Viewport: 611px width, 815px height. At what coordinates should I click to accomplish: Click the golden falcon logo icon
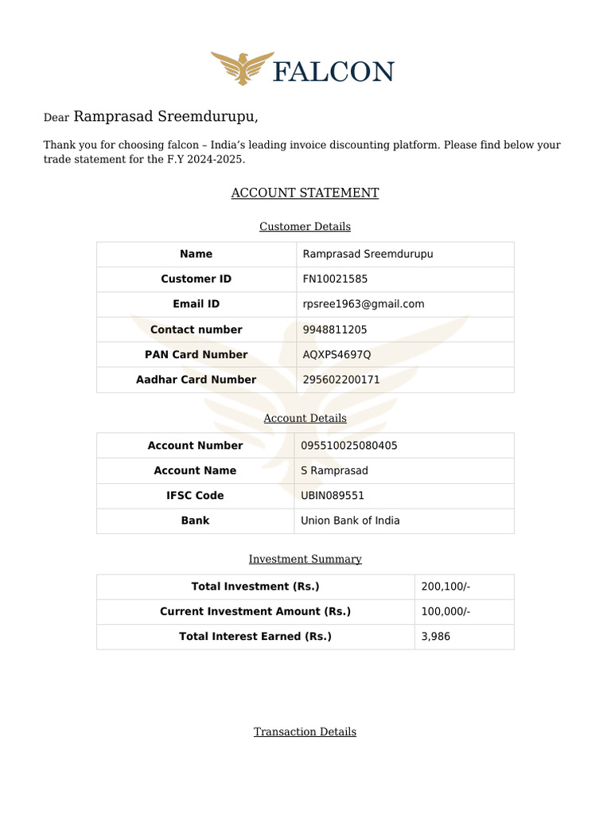[238, 68]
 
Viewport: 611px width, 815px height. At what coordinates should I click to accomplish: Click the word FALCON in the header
[333, 72]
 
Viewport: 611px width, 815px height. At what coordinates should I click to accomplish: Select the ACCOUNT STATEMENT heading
[305, 193]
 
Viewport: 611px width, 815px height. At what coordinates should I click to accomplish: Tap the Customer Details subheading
[305, 227]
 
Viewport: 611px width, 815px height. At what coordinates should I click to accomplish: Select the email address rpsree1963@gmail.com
[364, 304]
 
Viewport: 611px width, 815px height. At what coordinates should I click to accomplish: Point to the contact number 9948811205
[335, 330]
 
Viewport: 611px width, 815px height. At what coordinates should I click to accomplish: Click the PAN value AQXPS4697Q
[337, 354]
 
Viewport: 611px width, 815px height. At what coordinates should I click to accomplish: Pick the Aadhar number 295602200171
[341, 380]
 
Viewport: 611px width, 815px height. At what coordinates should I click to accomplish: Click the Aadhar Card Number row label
[196, 380]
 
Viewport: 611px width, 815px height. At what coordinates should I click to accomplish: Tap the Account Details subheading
[305, 418]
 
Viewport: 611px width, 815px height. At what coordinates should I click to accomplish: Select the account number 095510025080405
[348, 446]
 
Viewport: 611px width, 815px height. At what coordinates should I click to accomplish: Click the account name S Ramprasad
[334, 470]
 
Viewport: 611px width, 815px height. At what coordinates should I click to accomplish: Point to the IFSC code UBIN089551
[333, 495]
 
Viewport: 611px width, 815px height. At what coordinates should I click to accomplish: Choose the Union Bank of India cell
[350, 521]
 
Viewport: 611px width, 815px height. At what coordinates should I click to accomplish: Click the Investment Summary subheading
[305, 560]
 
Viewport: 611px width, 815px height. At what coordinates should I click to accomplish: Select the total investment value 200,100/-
[446, 587]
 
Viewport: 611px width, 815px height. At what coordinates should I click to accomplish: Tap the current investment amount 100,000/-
[446, 611]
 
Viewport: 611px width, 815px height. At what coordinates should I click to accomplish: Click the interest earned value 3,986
[435, 637]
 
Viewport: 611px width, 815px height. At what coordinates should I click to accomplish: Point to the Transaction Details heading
[305, 731]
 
